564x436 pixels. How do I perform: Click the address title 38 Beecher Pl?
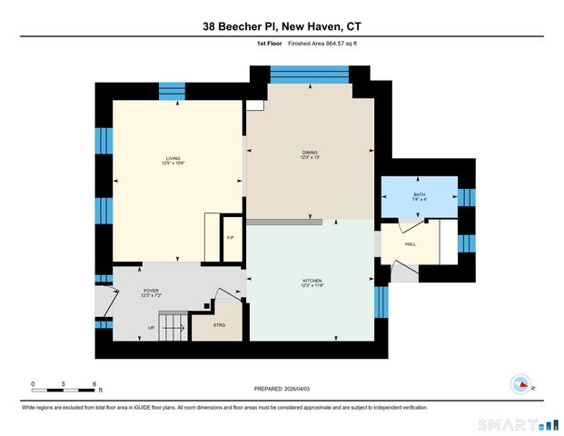point(281,27)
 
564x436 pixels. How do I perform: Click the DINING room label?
point(311,154)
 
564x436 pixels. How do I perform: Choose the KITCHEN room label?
point(312,283)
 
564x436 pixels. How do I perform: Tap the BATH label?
point(419,197)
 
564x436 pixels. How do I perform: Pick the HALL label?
point(410,243)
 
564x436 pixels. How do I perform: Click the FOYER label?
point(150,293)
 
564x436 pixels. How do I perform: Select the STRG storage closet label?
point(219,324)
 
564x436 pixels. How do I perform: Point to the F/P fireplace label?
point(231,238)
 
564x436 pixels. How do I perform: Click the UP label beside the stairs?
point(151,328)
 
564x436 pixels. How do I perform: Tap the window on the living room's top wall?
point(172,91)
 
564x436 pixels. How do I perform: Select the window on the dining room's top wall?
point(309,74)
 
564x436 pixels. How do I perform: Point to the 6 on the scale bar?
point(94,383)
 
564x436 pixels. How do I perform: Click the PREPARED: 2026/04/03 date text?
point(282,390)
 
